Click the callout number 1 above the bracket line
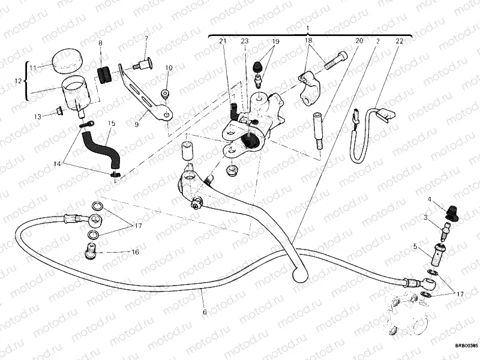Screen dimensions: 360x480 307,29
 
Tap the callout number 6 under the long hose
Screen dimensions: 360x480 204,312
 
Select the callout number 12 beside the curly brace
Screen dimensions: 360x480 19,80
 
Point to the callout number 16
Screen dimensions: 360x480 135,253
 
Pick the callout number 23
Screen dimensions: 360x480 244,41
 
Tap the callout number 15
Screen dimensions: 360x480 111,124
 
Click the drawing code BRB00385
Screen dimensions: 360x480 466,346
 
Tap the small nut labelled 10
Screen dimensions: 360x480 166,93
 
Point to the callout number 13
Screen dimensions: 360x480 38,116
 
